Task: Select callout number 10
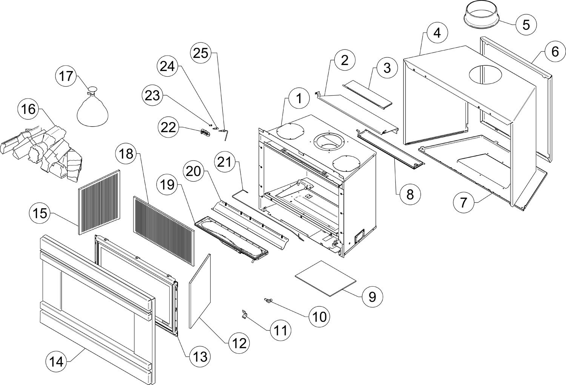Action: pyautogui.click(x=319, y=317)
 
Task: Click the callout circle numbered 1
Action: pyautogui.click(x=298, y=99)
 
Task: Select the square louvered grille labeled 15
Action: pyautogui.click(x=98, y=202)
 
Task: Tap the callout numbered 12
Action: pyautogui.click(x=240, y=343)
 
